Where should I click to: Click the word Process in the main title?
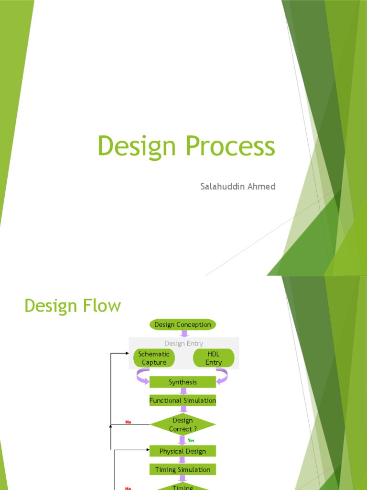pos(230,146)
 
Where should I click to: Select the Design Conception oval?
pos(183,324)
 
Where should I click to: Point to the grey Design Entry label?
pos(183,343)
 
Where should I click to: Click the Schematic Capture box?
pos(154,358)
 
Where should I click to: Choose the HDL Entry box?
pos(214,358)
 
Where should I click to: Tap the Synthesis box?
pos(183,382)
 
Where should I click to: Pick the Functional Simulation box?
pos(183,401)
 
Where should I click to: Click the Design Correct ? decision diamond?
pos(183,424)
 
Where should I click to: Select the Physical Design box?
pos(183,451)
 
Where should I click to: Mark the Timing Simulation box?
pos(183,469)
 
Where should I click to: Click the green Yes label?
pos(191,440)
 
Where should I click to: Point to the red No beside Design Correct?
pos(128,422)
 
